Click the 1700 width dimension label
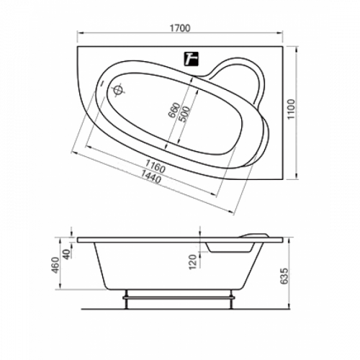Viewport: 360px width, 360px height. (x=180, y=28)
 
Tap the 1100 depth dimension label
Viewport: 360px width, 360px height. (x=292, y=109)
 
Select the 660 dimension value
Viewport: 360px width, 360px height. (x=174, y=110)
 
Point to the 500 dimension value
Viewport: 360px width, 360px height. (x=184, y=114)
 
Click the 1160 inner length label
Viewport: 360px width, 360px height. (x=156, y=166)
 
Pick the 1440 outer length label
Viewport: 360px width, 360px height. (x=150, y=176)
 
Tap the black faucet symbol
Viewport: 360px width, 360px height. (x=192, y=59)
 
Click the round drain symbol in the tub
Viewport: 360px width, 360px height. (x=118, y=90)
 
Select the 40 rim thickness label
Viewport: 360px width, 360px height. (x=68, y=254)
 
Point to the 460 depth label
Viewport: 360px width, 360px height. (x=55, y=265)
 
